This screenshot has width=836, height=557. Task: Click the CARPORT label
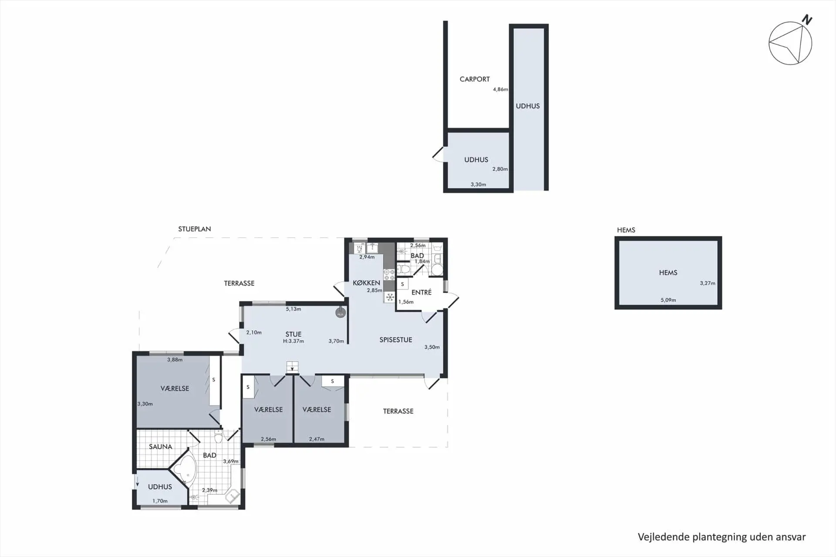pyautogui.click(x=474, y=79)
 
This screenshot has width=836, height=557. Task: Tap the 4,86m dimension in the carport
pyautogui.click(x=500, y=89)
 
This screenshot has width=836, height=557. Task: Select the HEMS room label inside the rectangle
pyautogui.click(x=668, y=273)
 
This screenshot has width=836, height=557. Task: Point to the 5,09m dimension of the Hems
pyautogui.click(x=668, y=300)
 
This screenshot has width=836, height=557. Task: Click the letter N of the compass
pyautogui.click(x=807, y=20)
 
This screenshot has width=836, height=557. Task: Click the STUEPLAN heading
pyautogui.click(x=194, y=229)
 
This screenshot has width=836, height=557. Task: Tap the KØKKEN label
pyautogui.click(x=366, y=283)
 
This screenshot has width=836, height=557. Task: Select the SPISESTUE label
pyautogui.click(x=395, y=340)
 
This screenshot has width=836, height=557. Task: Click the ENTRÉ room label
pyautogui.click(x=421, y=292)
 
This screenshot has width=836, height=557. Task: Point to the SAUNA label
pyautogui.click(x=160, y=446)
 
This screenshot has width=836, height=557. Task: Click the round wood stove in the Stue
pyautogui.click(x=340, y=313)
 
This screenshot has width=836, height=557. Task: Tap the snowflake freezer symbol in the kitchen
pyautogui.click(x=390, y=297)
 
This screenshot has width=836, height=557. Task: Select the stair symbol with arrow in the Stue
pyautogui.click(x=292, y=367)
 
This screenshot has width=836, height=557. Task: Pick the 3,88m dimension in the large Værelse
pyautogui.click(x=175, y=360)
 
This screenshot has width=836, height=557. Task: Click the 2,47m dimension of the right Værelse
pyautogui.click(x=317, y=439)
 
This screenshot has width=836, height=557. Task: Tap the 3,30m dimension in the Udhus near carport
pyautogui.click(x=478, y=184)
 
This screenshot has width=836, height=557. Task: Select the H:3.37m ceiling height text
pyautogui.click(x=293, y=341)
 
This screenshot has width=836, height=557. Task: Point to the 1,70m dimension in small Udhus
pyautogui.click(x=160, y=501)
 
